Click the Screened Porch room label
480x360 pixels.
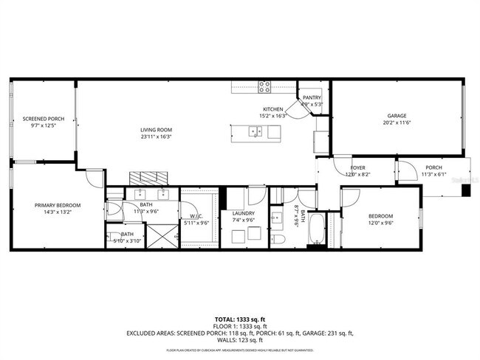coord(43,118)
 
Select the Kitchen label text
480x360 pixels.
coord(272,109)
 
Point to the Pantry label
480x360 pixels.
coord(312,97)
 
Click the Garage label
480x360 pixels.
coord(397,115)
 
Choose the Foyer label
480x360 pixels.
coord(358,167)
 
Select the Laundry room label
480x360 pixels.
coord(244,213)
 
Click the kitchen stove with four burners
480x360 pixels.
coord(265,86)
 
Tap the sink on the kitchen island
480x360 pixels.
coord(255,132)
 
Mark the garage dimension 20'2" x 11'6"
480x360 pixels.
coord(397,122)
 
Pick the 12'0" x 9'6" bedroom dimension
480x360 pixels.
coord(381,222)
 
